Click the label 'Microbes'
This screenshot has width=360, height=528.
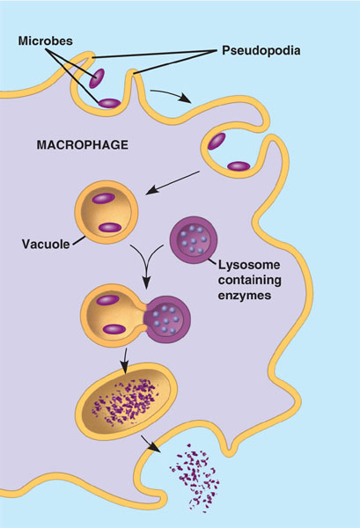(45, 41)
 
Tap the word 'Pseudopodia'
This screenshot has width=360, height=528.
(261, 51)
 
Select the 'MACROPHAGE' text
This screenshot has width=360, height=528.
(83, 145)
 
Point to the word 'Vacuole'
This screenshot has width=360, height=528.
(46, 244)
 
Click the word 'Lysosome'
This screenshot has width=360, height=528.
(249, 265)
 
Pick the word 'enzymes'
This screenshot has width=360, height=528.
(245, 296)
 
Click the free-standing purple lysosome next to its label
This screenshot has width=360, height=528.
(194, 240)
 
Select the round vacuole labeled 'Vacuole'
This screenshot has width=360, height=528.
(107, 212)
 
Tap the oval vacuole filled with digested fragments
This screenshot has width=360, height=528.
(127, 401)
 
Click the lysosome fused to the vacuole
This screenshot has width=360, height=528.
(168, 319)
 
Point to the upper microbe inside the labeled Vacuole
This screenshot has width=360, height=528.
(104, 198)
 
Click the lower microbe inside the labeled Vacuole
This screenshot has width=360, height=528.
(110, 228)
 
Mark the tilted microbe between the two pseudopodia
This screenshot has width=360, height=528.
(97, 78)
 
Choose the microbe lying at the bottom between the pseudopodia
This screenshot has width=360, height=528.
(109, 103)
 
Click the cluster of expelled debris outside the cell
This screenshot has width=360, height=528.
(195, 478)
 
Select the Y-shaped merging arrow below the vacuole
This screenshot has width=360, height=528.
(147, 266)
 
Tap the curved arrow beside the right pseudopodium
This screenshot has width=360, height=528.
(170, 94)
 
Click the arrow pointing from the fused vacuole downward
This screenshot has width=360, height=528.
(125, 361)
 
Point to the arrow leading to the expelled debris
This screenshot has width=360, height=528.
(151, 444)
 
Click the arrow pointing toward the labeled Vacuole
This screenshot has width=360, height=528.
(173, 183)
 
